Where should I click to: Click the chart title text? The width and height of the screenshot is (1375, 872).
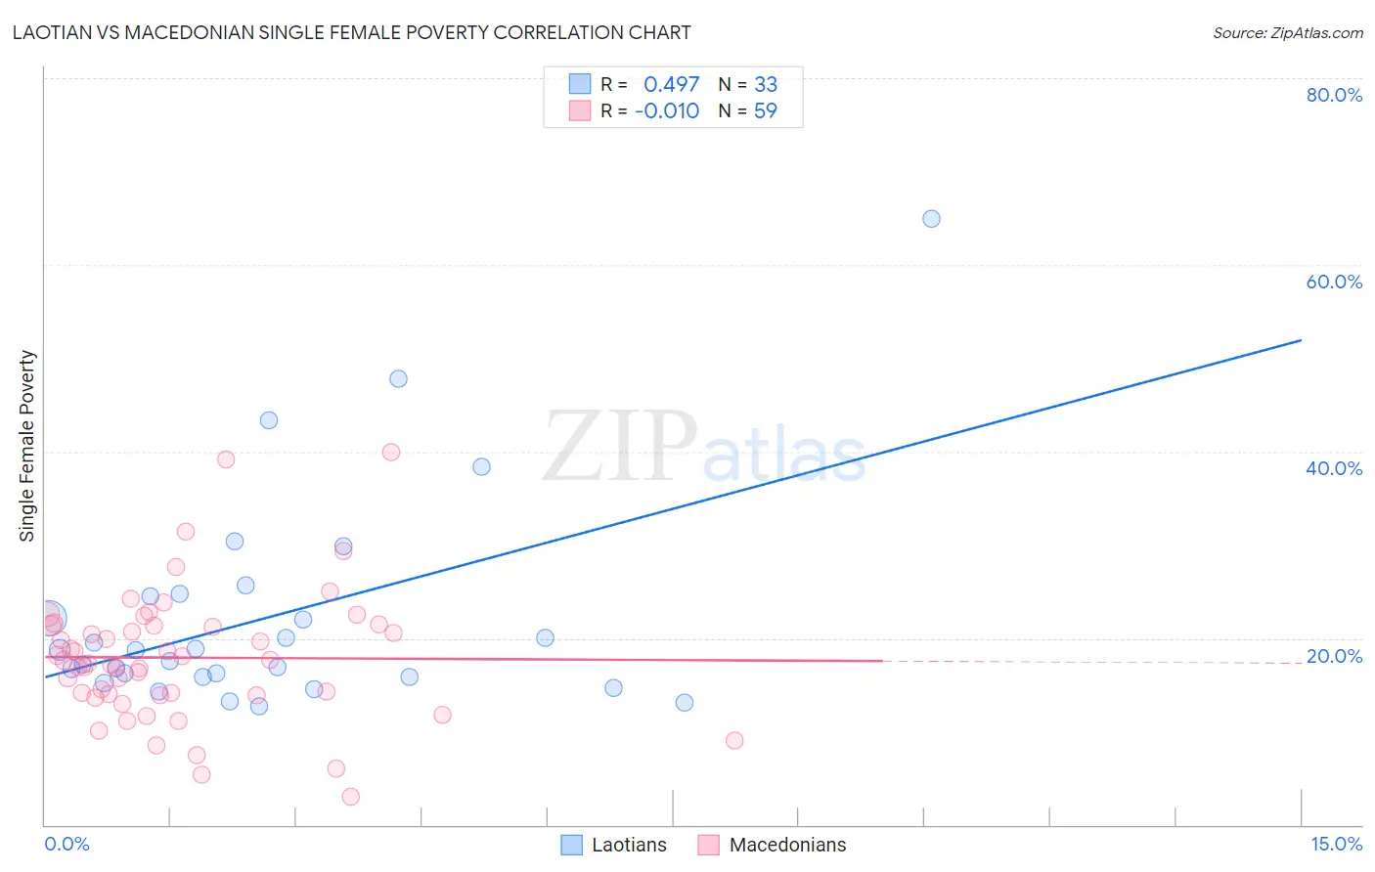[x=351, y=32]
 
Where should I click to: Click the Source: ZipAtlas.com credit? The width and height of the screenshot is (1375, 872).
[x=1287, y=32]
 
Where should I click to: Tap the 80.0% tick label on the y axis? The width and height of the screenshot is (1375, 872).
[x=1334, y=95]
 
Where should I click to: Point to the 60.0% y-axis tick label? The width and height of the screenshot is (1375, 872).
[x=1334, y=282]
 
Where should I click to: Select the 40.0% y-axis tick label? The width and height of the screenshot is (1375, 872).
[x=1334, y=468]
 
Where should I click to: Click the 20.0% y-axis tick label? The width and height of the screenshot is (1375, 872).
[x=1334, y=656]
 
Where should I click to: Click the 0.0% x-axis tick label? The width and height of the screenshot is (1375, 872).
[x=67, y=844]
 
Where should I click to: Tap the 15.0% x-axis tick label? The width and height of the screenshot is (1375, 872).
[x=1336, y=844]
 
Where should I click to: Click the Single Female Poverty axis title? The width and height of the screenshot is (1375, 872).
[x=27, y=446]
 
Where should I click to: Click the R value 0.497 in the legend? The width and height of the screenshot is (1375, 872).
[x=671, y=84]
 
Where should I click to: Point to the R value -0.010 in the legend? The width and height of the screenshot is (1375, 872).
[x=667, y=110]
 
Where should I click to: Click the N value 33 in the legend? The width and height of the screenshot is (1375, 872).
[x=766, y=84]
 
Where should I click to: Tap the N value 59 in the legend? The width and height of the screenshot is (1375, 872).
[x=766, y=110]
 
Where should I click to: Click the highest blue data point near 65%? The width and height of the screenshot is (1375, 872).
[x=931, y=219]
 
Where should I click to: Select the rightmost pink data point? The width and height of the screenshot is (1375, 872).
[x=734, y=740]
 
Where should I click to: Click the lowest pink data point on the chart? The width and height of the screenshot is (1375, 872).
[x=351, y=797]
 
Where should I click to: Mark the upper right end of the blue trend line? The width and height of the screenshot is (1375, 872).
[x=1301, y=340]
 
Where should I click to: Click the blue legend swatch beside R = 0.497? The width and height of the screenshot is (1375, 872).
[x=580, y=84]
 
